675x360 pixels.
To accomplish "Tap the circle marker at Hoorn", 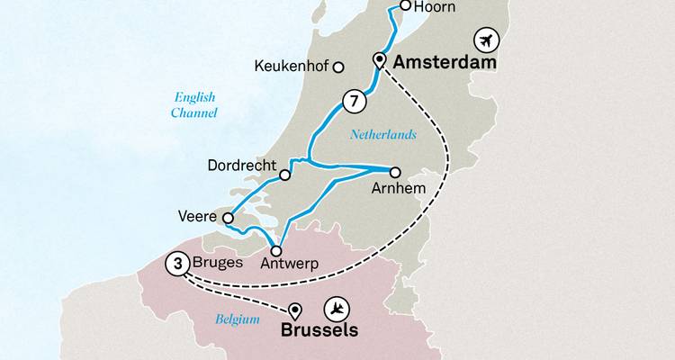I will point(405,6).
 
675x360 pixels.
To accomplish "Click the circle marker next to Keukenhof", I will point(339,67).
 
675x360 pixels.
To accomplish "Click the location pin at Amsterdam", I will point(380,60).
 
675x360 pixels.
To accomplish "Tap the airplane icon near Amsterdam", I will point(487,40).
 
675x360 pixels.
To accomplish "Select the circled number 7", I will point(354,102).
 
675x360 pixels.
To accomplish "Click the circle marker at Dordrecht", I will point(285,175).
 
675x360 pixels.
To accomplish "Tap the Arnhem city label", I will point(394,190).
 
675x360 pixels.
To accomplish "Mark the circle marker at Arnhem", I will point(394,171).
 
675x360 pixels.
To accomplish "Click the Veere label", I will point(199,216).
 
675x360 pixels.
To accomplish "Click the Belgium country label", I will point(238,319).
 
